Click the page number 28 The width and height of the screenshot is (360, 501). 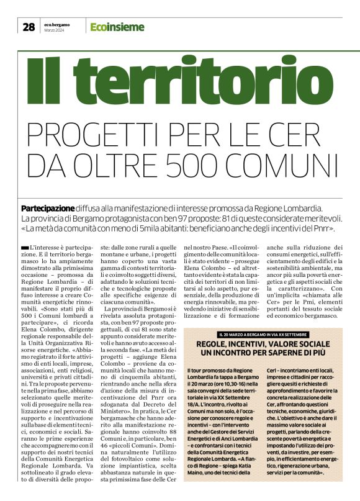(x=29, y=27)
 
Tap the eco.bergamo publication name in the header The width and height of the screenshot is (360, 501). (x=56, y=24)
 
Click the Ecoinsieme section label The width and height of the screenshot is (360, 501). (x=117, y=27)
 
